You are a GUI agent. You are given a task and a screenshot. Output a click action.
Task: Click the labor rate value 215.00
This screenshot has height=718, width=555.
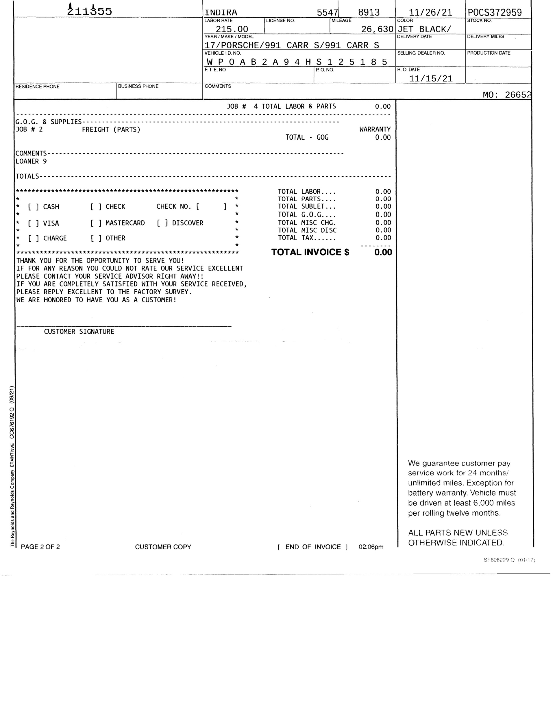point(232,29)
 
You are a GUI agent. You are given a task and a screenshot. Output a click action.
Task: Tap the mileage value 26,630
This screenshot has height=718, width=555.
point(377,29)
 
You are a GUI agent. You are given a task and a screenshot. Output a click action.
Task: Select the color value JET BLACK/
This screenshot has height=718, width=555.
point(424,29)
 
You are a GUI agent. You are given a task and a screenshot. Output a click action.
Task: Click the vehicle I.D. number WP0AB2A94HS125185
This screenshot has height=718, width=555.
point(297,62)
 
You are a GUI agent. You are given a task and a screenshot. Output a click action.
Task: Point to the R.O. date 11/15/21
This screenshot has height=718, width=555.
point(431,79)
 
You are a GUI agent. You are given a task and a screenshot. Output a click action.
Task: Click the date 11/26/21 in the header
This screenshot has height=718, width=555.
point(430,13)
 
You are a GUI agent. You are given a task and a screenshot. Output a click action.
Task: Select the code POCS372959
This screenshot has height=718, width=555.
point(495,13)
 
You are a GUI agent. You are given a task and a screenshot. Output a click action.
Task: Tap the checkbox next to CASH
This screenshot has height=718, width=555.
point(34,207)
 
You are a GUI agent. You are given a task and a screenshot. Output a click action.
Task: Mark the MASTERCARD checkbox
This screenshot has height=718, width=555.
point(96,223)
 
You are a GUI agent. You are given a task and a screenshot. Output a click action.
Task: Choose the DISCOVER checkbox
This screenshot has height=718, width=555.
point(162,223)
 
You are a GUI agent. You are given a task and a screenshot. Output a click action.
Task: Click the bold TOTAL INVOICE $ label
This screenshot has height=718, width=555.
point(310,252)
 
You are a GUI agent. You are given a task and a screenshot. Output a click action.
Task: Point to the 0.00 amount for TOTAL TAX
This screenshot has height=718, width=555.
point(383,238)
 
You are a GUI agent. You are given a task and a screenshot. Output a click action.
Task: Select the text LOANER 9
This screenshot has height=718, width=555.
point(31,161)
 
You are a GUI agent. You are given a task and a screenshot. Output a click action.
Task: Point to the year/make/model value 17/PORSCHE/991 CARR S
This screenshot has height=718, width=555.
point(292,45)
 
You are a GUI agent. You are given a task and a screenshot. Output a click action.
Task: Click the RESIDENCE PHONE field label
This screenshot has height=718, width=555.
point(38,86)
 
